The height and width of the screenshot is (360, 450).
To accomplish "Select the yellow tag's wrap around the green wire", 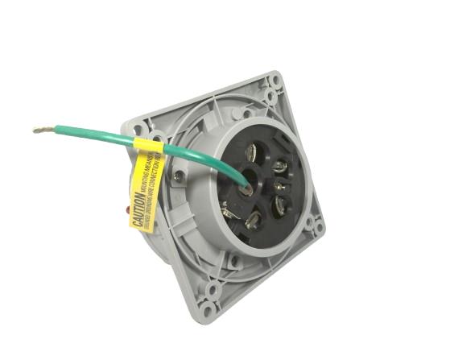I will (x=148, y=147).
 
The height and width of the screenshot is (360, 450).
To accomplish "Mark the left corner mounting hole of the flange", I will (x=134, y=128).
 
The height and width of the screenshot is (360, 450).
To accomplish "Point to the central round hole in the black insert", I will (x=248, y=174).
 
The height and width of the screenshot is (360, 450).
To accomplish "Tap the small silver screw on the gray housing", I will (x=178, y=175).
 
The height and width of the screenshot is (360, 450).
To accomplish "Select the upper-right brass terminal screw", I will (x=281, y=168).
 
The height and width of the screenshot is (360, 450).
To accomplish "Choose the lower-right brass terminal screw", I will (x=279, y=205).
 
